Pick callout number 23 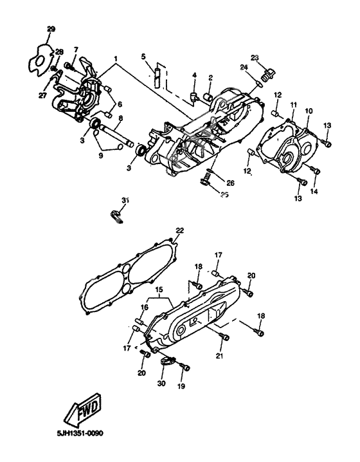point(255,58)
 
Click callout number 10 point(309,111)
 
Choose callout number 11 point(292,104)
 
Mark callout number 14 point(314,192)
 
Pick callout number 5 point(145,56)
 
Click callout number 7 point(75,50)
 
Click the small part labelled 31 point(117,215)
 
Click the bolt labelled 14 point(315,171)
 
